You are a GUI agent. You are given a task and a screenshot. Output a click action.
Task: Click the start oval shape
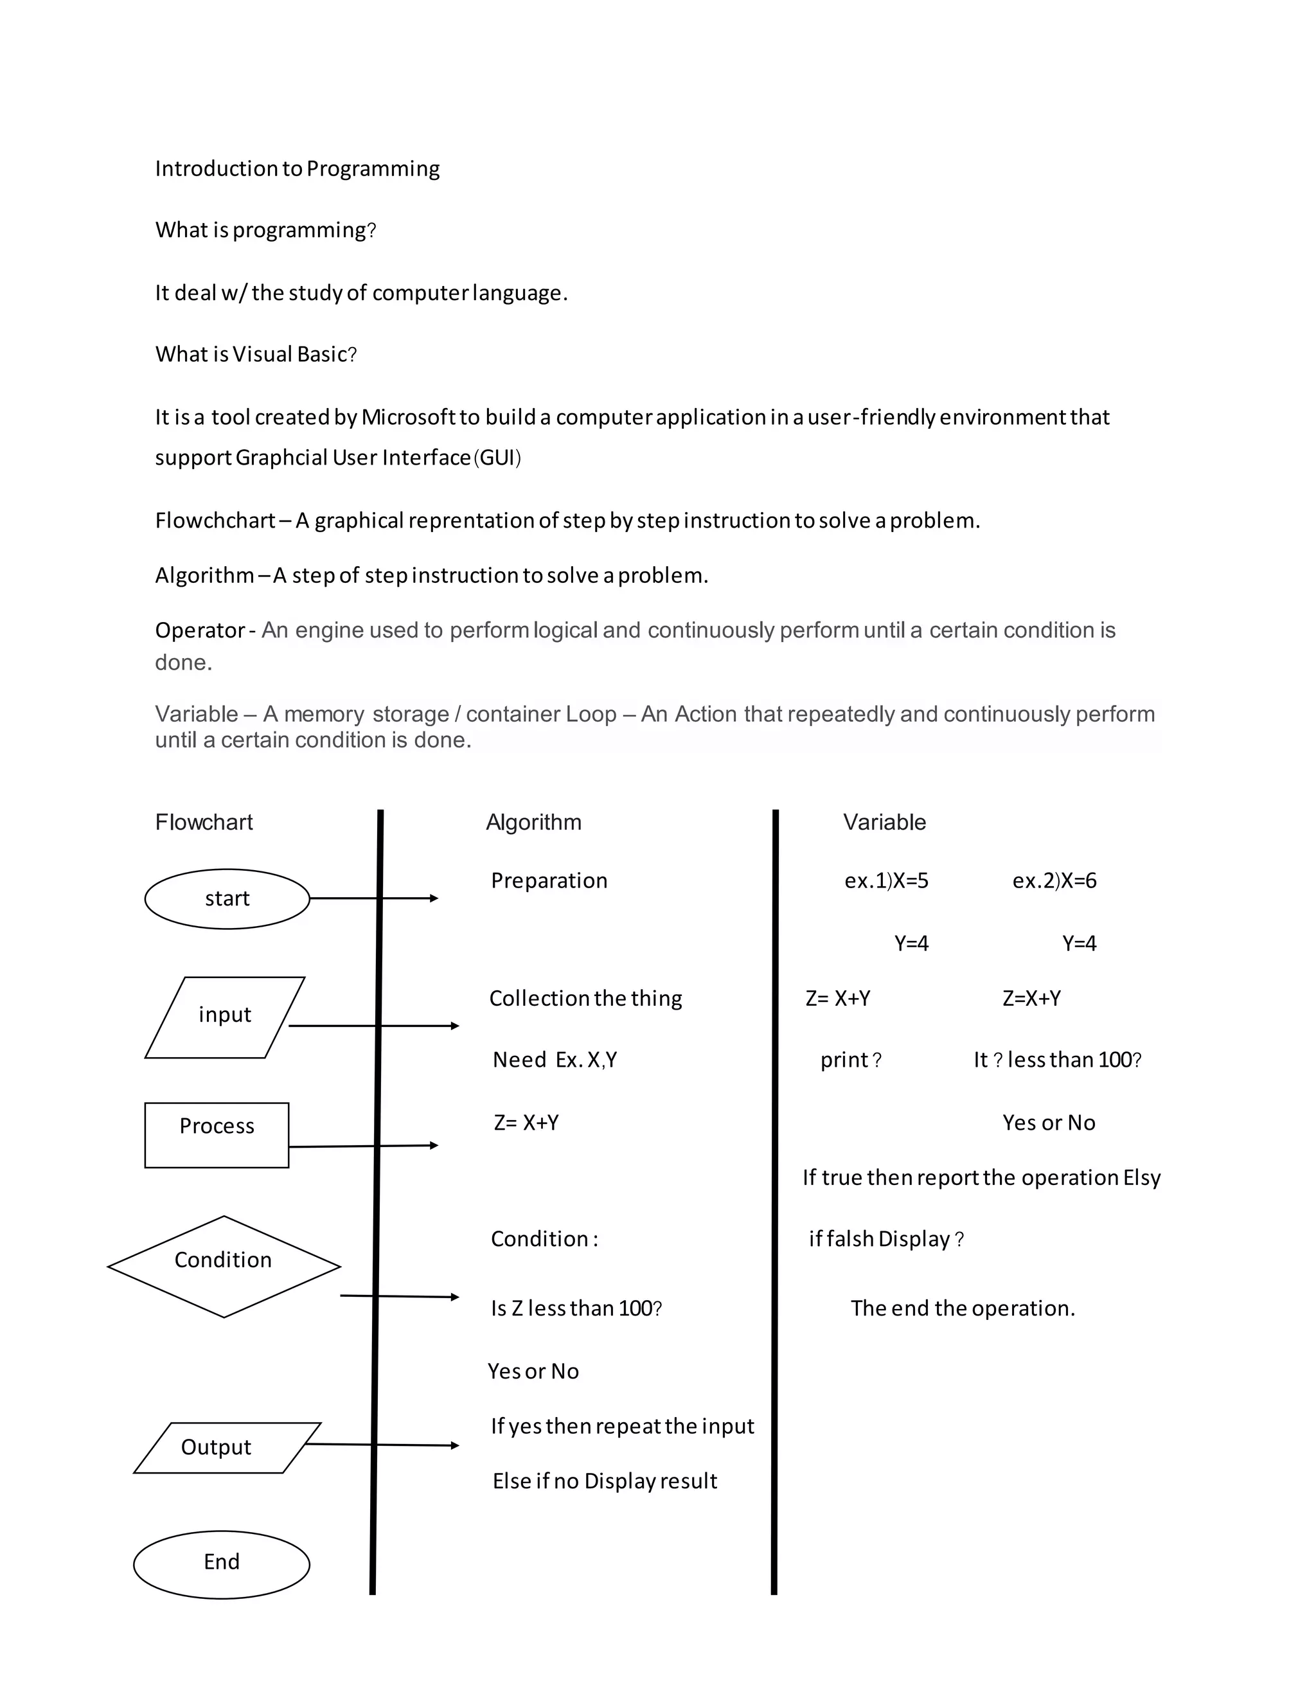tap(227, 899)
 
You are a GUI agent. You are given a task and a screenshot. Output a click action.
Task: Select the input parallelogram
tap(224, 1017)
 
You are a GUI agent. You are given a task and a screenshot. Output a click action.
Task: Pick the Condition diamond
tap(224, 1267)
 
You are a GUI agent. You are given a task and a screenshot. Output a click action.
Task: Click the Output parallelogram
tap(226, 1447)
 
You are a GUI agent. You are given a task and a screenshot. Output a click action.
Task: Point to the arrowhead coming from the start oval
tap(434, 898)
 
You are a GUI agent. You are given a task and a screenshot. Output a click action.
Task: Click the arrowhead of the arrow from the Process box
tap(434, 1145)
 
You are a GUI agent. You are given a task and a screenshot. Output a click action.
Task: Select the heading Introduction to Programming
tap(297, 168)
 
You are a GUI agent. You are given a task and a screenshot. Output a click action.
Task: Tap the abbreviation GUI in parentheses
tap(497, 457)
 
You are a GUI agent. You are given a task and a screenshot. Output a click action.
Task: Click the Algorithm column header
tap(533, 822)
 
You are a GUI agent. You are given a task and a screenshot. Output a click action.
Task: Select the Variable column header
tap(884, 822)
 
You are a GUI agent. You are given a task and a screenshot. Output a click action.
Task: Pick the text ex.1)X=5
tap(886, 880)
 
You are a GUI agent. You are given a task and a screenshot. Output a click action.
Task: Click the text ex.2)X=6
tap(1054, 880)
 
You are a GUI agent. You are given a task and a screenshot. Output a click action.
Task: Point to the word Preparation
tap(549, 880)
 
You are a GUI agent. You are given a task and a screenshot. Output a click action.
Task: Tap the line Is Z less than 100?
tap(576, 1308)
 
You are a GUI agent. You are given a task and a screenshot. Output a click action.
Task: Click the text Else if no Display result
tap(604, 1481)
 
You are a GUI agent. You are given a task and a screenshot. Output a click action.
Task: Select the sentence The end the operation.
tap(963, 1308)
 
